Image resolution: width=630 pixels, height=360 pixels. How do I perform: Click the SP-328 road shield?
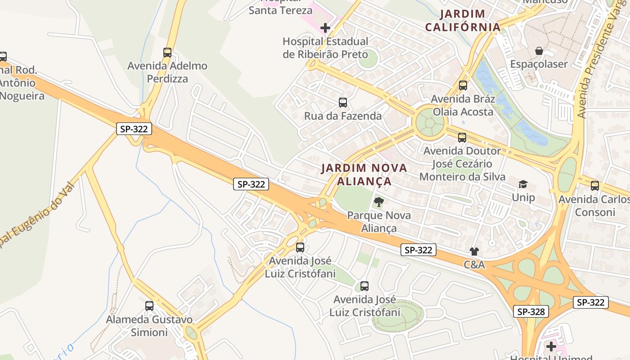pos(531,311)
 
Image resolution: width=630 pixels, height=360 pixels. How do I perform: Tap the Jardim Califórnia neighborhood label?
pos(463,21)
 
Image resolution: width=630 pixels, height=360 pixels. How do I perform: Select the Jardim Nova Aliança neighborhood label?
pos(364,175)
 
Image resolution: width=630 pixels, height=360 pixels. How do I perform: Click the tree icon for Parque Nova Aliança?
pos(379,202)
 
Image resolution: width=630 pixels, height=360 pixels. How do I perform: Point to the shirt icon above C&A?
pos(474,252)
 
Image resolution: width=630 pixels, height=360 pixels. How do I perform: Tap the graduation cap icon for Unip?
pos(523,184)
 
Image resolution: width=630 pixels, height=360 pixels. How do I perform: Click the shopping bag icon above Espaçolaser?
pos(539,51)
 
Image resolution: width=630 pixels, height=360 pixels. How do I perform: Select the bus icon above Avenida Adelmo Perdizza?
pos(167,53)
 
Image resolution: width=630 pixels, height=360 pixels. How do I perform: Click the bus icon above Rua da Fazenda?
pos(343,103)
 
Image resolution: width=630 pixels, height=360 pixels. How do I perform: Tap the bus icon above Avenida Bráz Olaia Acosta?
pos(463,85)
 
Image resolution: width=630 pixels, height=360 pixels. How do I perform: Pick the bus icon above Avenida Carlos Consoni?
pos(595,185)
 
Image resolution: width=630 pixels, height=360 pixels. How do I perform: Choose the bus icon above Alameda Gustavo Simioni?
pos(149,306)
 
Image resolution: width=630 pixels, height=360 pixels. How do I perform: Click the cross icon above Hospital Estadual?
pos(325,28)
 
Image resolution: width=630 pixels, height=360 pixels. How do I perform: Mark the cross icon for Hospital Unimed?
pos(551,346)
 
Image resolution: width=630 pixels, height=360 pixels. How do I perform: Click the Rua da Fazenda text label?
pos(343,116)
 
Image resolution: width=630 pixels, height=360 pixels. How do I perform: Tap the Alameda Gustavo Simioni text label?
pos(149,326)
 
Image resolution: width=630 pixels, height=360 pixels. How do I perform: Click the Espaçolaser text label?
pos(539,64)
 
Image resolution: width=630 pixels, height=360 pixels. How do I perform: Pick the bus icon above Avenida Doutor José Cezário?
pos(462,138)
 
